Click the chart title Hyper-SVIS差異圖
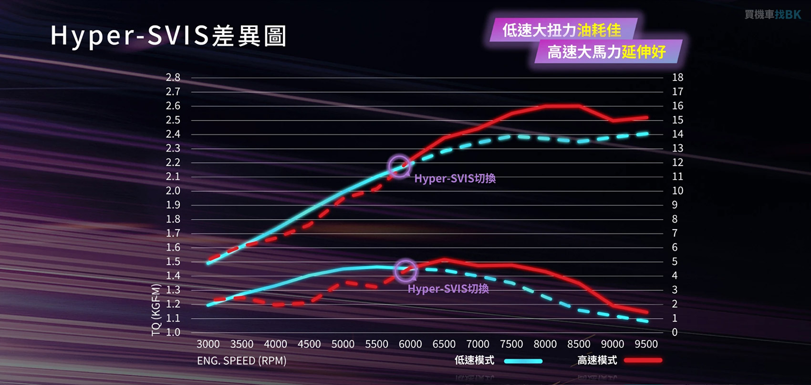[x=168, y=36]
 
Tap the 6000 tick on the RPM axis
[x=410, y=344]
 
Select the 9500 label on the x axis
[x=646, y=344]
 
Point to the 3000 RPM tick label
[x=208, y=344]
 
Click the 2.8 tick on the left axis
[x=173, y=77]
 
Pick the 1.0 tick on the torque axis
[x=173, y=332]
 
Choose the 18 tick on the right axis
[x=677, y=77]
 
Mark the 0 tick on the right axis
[x=675, y=332]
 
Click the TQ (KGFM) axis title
[x=156, y=310]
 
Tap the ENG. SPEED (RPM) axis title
[x=241, y=361]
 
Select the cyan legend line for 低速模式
[x=523, y=361]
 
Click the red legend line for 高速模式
[x=643, y=361]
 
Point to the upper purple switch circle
[x=399, y=166]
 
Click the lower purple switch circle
[x=406, y=271]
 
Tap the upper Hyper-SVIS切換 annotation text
[x=455, y=179]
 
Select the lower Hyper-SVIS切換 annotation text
[x=448, y=289]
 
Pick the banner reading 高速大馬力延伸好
[x=606, y=51]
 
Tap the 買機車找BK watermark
[x=773, y=15]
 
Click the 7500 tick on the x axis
[x=511, y=344]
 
